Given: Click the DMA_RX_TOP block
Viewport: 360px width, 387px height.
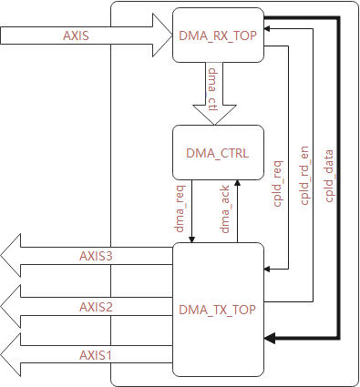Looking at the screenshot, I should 216,36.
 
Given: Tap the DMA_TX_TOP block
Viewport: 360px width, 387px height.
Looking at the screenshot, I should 216,310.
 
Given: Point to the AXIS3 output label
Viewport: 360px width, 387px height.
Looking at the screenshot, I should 95,257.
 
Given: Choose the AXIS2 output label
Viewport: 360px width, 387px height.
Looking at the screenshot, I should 95,306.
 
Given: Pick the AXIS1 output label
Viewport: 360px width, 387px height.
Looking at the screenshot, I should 95,354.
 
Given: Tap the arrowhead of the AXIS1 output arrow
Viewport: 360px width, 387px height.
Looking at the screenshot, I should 14,355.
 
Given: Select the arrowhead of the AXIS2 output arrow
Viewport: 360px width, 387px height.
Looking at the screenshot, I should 14,307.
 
